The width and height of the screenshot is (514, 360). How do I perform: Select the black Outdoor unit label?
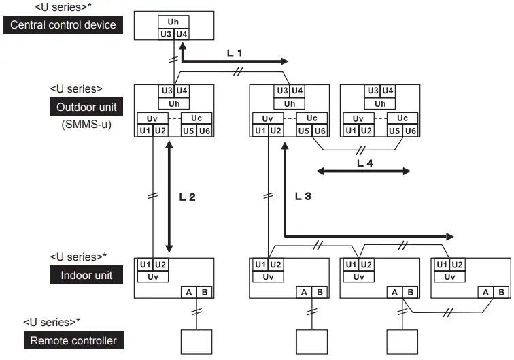[x=86, y=107]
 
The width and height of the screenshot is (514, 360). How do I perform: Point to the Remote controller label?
[x=73, y=340]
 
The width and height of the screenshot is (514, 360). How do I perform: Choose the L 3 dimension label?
[x=303, y=196]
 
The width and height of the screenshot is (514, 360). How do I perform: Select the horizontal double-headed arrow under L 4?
[x=364, y=171]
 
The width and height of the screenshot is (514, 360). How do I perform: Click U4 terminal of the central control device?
[x=181, y=33]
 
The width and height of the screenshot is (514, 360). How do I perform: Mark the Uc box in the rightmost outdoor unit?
[x=402, y=118]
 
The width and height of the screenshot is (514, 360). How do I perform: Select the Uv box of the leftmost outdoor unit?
[x=152, y=118]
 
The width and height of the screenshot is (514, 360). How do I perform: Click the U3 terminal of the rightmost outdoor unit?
[x=372, y=91]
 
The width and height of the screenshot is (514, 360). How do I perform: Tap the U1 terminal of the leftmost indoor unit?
[x=145, y=265]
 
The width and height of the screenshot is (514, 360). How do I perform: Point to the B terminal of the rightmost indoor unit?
[x=501, y=291]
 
